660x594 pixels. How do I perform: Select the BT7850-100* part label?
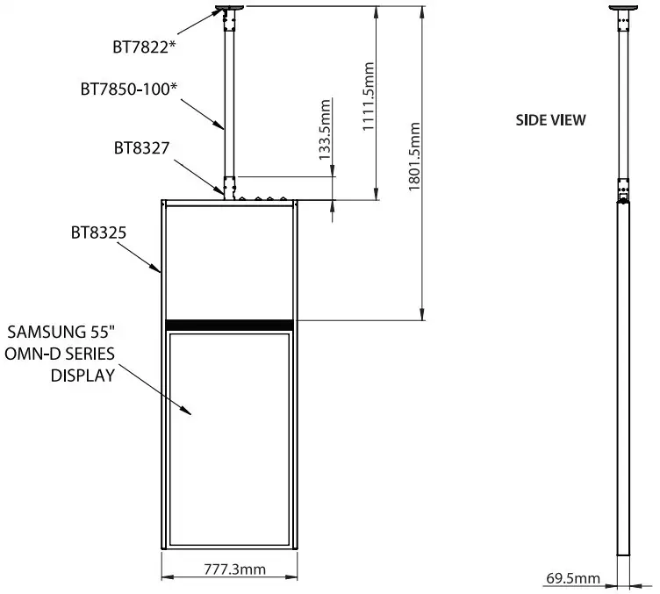pyautogui.click(x=128, y=89)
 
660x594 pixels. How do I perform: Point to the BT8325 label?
pyautogui.click(x=99, y=233)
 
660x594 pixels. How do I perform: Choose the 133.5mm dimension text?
pyautogui.click(x=324, y=127)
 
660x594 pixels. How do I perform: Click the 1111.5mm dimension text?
pyautogui.click(x=368, y=97)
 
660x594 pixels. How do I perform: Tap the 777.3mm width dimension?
pyautogui.click(x=229, y=569)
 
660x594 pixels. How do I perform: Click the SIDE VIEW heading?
pyautogui.click(x=550, y=120)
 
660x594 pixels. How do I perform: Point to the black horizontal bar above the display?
pyautogui.click(x=229, y=324)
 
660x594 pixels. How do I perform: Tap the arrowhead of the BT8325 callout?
pyautogui.click(x=157, y=268)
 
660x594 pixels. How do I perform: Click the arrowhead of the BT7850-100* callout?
pyautogui.click(x=222, y=127)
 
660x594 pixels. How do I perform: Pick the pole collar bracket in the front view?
pyautogui.click(x=230, y=188)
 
